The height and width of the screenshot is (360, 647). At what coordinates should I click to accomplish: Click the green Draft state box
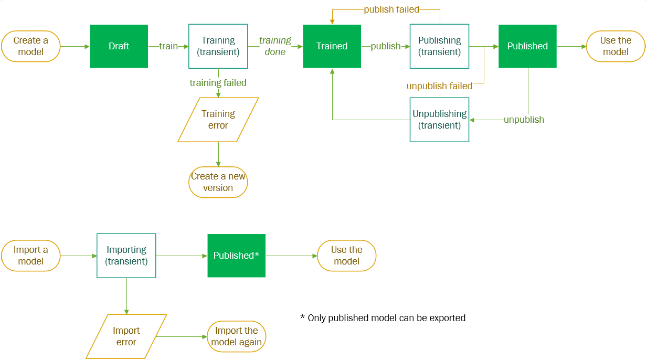click(119, 46)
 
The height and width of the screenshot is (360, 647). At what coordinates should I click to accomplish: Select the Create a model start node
click(30, 46)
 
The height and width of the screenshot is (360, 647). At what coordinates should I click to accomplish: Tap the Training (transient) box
click(218, 46)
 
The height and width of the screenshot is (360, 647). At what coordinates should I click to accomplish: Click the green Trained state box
click(332, 46)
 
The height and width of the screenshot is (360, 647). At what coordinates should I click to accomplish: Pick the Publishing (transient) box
click(439, 46)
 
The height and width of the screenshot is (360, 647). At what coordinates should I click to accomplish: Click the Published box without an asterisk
click(527, 46)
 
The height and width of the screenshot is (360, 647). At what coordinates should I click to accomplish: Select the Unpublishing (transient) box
click(439, 120)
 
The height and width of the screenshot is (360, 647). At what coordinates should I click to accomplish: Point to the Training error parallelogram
click(218, 120)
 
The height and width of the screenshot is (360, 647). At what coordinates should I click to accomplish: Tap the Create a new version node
click(218, 182)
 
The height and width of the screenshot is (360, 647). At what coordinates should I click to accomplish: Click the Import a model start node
click(30, 256)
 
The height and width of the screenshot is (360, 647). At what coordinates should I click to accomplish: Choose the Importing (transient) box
click(126, 256)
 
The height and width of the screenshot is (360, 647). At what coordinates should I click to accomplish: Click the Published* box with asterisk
click(236, 256)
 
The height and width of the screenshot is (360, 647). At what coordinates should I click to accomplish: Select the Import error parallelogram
click(126, 336)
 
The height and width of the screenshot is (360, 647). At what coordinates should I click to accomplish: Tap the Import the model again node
click(236, 336)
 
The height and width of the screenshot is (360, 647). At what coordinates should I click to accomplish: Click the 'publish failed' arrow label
click(391, 9)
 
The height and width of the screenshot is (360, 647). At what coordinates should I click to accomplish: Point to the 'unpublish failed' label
click(439, 86)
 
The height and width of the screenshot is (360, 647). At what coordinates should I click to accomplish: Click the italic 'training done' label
click(275, 46)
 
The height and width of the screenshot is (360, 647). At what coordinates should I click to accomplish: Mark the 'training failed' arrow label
click(218, 83)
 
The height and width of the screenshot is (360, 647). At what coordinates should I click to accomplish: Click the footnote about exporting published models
click(383, 318)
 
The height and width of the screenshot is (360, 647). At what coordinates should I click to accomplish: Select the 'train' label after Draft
click(168, 46)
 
